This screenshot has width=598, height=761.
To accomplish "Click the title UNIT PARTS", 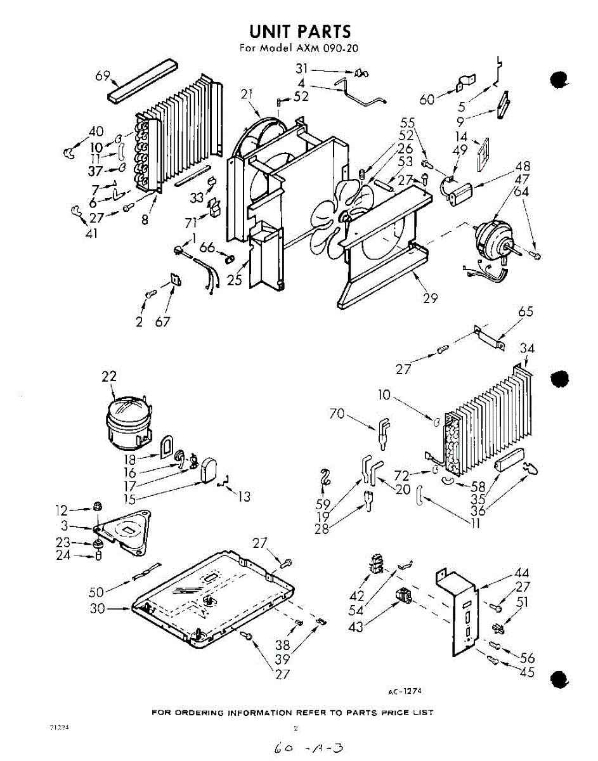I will (299, 31).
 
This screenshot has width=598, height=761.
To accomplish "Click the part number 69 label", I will (103, 77).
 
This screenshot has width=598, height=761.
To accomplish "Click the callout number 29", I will (431, 298).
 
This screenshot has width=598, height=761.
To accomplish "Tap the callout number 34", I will (527, 348).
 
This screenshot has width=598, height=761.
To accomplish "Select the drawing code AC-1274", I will (405, 691).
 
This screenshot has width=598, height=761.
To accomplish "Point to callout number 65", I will (526, 311).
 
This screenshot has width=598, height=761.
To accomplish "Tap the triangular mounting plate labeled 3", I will (125, 529).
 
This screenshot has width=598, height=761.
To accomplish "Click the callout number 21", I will (248, 94).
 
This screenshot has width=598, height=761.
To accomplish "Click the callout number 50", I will (96, 592).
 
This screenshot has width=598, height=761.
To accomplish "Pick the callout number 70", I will (337, 415).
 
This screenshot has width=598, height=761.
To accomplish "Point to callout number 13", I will (244, 497).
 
